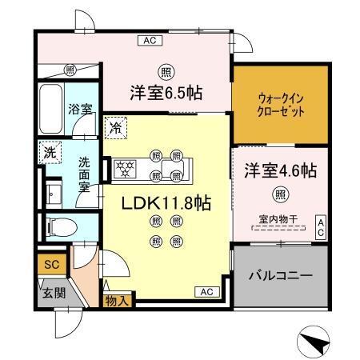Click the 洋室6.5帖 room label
(x=166, y=93)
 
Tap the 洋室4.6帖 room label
(x=279, y=170)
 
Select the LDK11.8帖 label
(x=166, y=203)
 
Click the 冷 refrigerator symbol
(x=116, y=126)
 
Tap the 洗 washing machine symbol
(x=50, y=152)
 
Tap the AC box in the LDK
(x=206, y=291)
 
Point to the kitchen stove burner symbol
(x=125, y=169)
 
